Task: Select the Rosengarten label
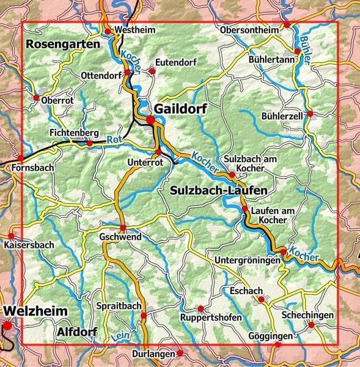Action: click(x=62, y=45)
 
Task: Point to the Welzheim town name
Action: click(x=35, y=311)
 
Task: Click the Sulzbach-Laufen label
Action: click(x=219, y=191)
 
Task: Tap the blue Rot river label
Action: click(x=111, y=139)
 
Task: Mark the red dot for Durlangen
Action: click(x=180, y=353)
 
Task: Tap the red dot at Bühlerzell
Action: click(x=310, y=114)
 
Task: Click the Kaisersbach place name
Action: click(x=29, y=245)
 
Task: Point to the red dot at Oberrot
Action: click(x=36, y=98)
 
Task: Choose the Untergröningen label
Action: click(x=247, y=261)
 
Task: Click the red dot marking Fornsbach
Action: click(x=21, y=158)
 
